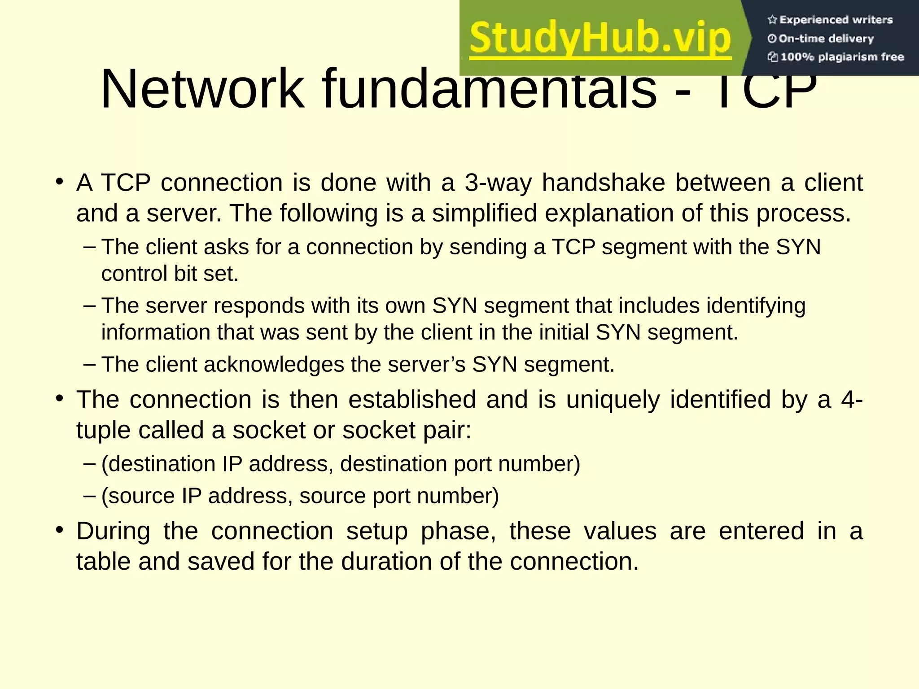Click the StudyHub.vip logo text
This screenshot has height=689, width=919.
tap(600, 39)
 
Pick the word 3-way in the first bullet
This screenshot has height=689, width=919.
tap(498, 183)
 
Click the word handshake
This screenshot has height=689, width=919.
tap(604, 183)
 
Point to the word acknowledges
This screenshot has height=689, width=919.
tap(274, 364)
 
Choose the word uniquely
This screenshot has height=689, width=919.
tap(613, 400)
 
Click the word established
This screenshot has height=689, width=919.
tap(412, 400)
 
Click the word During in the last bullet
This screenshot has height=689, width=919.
tap(113, 531)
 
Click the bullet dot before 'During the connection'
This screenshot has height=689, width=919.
tap(59, 530)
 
